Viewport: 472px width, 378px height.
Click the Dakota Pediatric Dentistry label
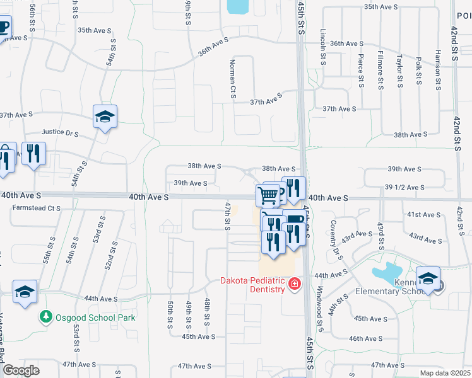click(253, 285)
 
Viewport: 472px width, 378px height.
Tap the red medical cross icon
click(293, 285)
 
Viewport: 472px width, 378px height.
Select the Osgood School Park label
click(95, 318)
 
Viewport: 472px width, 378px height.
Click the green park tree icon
click(45, 316)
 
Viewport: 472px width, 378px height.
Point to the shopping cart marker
click(268, 196)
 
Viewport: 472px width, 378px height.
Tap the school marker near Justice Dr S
click(105, 117)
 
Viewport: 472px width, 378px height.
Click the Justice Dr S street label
click(60, 133)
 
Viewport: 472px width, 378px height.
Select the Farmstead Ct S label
click(36, 208)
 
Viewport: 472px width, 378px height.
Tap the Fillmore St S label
click(380, 69)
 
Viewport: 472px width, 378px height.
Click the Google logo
click(21, 370)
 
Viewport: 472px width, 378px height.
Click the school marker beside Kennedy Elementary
click(427, 278)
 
